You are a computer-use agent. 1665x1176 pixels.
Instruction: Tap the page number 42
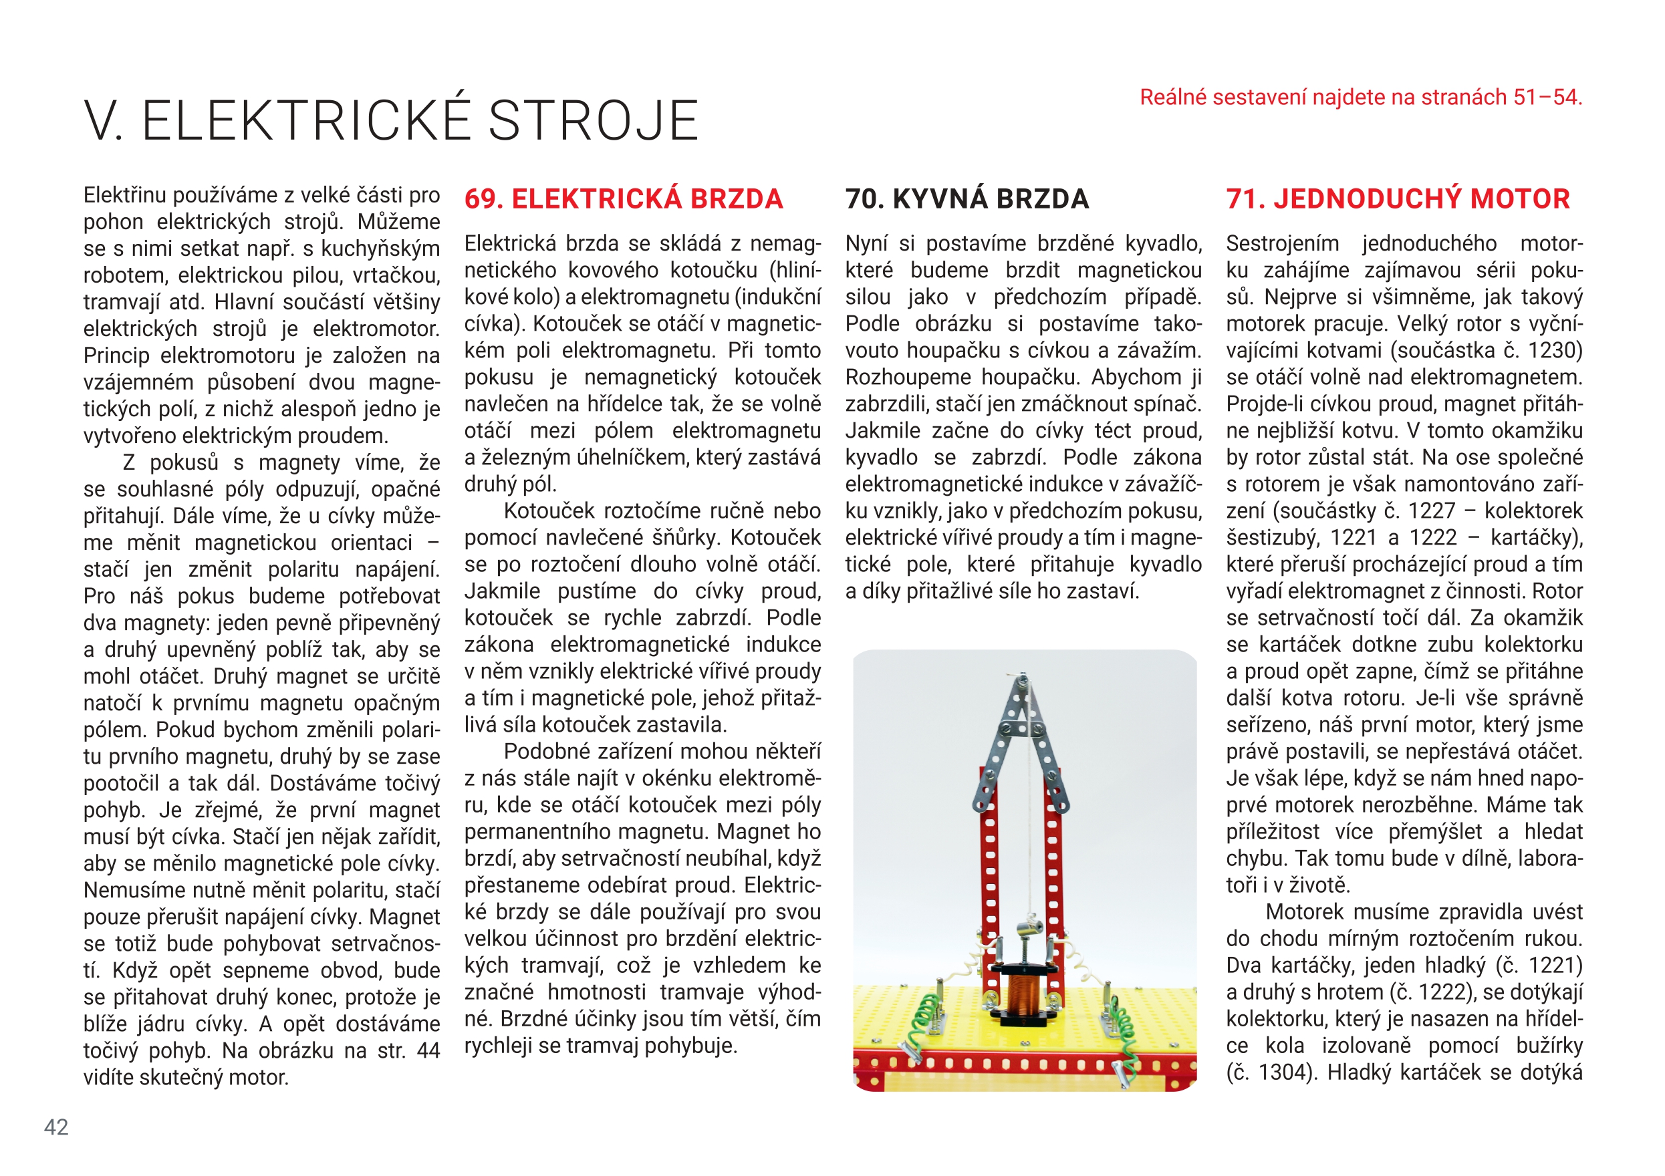(56, 1127)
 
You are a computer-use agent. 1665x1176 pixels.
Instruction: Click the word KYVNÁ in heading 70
(945, 198)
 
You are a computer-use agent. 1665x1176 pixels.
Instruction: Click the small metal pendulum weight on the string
(1028, 926)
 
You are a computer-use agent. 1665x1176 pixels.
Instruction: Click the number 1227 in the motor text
(1431, 510)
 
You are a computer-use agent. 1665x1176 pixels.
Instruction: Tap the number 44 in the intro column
(428, 1050)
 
